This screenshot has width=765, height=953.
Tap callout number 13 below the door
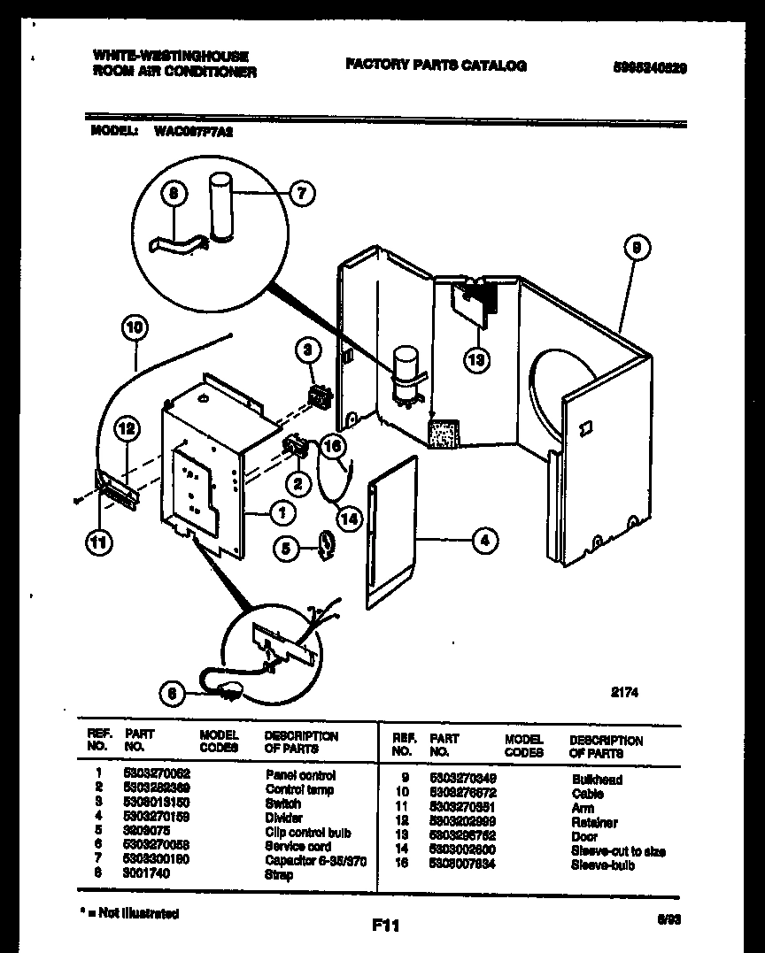(477, 358)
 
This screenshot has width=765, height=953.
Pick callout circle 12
(127, 430)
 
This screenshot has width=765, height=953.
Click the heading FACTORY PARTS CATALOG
(436, 65)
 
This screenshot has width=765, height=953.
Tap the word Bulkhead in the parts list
(597, 780)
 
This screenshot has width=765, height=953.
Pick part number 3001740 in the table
(146, 874)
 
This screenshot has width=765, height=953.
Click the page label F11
(386, 926)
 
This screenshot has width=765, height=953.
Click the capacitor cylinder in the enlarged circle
(219, 206)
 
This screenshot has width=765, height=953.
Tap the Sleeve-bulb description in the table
(603, 865)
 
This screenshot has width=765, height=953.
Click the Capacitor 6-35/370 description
(315, 861)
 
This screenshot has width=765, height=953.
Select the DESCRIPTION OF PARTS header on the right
(606, 746)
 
